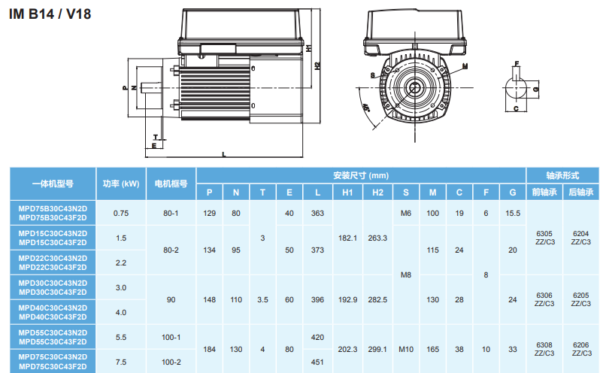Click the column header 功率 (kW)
point(121,183)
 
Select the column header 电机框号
point(171,183)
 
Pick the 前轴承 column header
point(544,193)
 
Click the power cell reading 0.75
point(121,214)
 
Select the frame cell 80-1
point(171,214)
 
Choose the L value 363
point(317,214)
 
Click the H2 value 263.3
point(377,238)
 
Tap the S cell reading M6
point(406,214)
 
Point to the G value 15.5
point(513,214)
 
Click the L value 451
point(317,362)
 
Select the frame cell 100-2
point(171,362)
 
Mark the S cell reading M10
point(406,349)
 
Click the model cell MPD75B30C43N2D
point(53,209)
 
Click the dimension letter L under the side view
point(223,154)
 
